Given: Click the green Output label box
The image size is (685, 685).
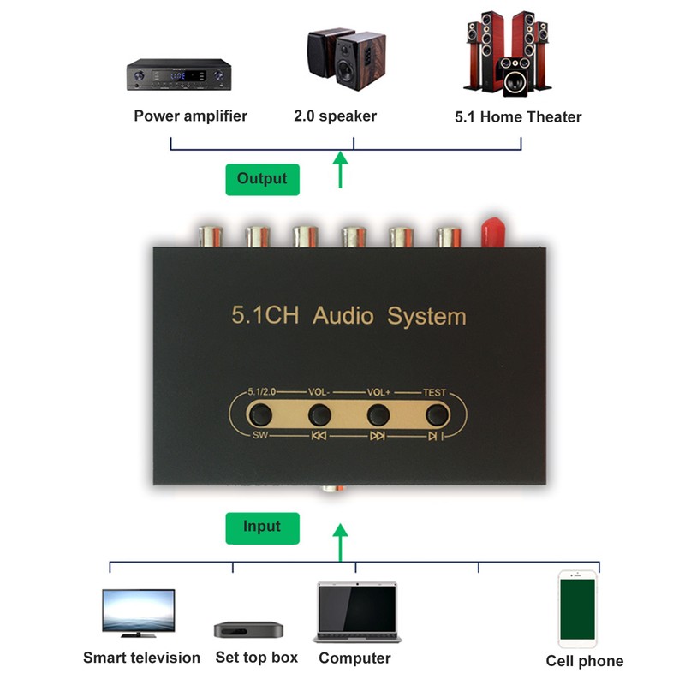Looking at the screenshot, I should (x=262, y=179).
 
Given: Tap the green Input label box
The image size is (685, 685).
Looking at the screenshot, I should (x=263, y=527).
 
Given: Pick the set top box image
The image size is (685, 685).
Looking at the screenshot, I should (x=248, y=629).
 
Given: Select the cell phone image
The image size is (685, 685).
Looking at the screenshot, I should (x=577, y=608).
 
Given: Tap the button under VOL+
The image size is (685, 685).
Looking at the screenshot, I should (x=378, y=415).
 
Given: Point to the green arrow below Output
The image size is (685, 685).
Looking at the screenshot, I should (x=342, y=169).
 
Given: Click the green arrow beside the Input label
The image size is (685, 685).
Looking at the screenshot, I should (x=341, y=541).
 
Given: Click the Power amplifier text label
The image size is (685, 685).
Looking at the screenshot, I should (x=190, y=116).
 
